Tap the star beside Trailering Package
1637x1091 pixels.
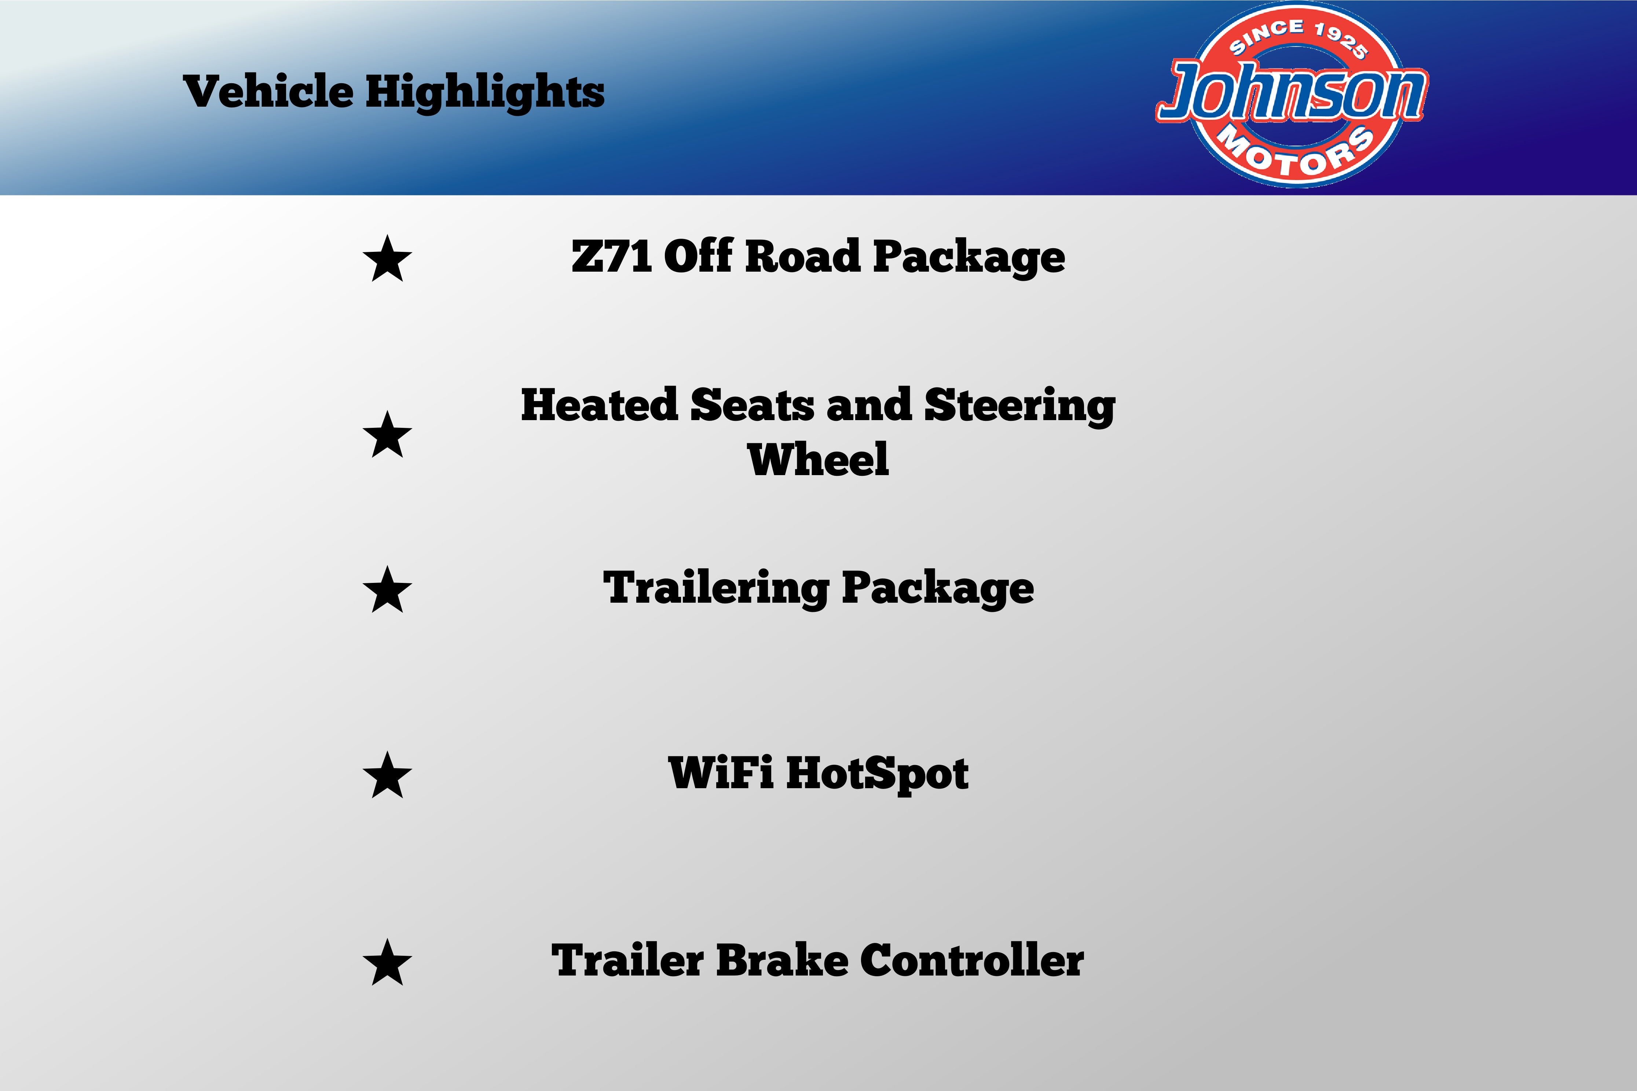click(388, 589)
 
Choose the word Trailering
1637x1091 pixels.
click(715, 589)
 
